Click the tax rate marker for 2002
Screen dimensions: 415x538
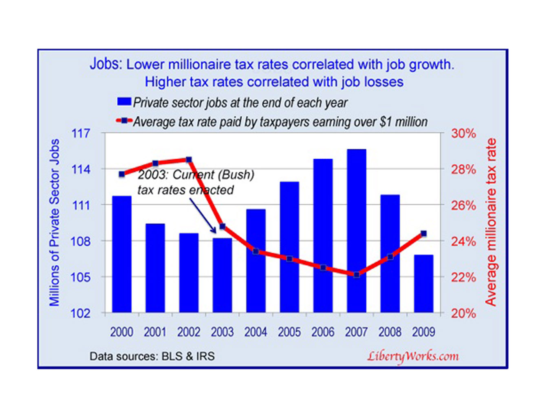(x=189, y=160)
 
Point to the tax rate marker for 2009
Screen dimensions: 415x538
(x=423, y=234)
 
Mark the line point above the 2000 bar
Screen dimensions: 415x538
(x=122, y=174)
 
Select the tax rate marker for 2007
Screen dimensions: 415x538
(x=357, y=275)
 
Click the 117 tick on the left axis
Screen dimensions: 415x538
(x=81, y=133)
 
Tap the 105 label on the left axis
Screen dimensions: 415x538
(x=81, y=277)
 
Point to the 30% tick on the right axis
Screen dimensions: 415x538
(x=463, y=133)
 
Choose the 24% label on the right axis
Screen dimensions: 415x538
(x=463, y=241)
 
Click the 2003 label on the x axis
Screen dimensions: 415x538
(x=222, y=332)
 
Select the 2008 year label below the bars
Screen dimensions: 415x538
(x=390, y=332)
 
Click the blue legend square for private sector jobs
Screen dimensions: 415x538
(x=124, y=102)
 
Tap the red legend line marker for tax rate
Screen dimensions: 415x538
(x=124, y=121)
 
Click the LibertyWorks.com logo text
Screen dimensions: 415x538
(x=413, y=356)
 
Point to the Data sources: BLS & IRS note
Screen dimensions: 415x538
(x=152, y=356)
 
